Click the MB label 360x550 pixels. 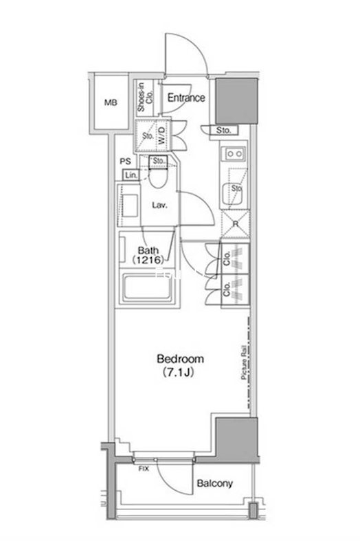coord(111,104)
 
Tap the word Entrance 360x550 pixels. coord(186,98)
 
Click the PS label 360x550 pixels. coord(125,162)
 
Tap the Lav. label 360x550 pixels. coord(161,204)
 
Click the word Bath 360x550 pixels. coord(148,250)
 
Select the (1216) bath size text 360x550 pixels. coord(148,261)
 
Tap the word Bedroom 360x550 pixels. coord(180,359)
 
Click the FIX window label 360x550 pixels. coord(144,469)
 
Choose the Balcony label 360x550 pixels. coord(214,484)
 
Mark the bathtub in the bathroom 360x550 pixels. coord(147,289)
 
